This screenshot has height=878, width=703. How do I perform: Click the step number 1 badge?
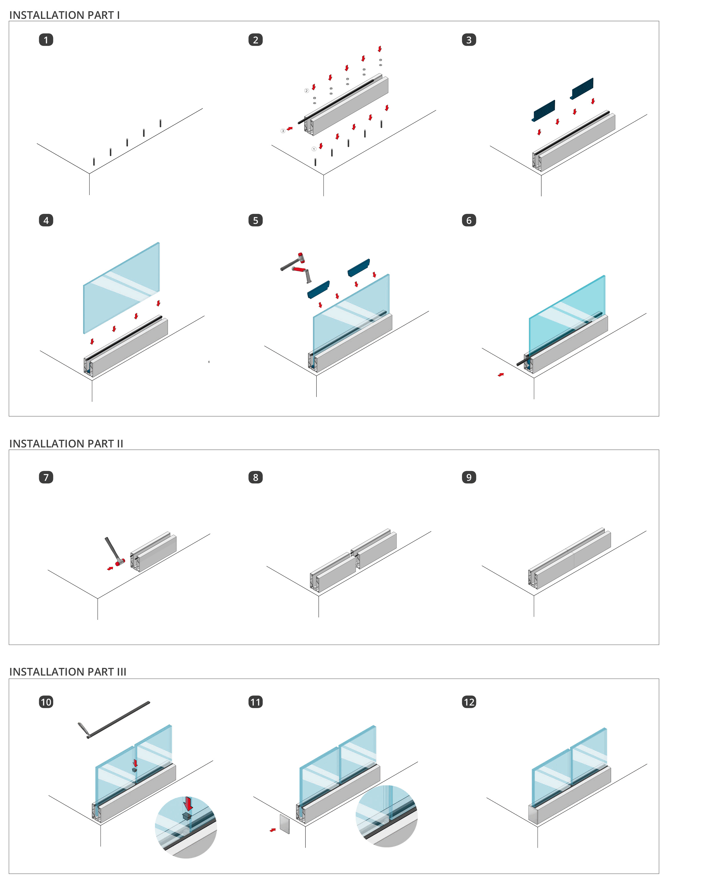coord(46,40)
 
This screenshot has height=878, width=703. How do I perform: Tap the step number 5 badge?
coord(255,220)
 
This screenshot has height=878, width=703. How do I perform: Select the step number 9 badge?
coord(469,477)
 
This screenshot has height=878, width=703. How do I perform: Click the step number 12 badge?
coord(469,702)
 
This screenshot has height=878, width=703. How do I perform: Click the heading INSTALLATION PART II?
coord(66,443)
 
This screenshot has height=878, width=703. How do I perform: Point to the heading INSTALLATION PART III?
coord(68,672)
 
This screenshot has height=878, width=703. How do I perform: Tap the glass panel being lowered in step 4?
coord(121,288)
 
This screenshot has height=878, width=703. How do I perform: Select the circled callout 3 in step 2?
coord(283,131)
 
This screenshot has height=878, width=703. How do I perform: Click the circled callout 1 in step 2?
coord(314,149)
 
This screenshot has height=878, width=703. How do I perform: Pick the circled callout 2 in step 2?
coord(307,91)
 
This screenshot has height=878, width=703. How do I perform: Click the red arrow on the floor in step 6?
coord(501,375)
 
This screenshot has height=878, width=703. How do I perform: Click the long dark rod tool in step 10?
coord(114,720)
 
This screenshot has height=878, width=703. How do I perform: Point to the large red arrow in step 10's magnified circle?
coord(188,803)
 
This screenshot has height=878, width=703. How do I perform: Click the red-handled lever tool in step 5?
coord(302,273)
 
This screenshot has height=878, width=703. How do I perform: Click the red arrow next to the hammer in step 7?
coord(110,568)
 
